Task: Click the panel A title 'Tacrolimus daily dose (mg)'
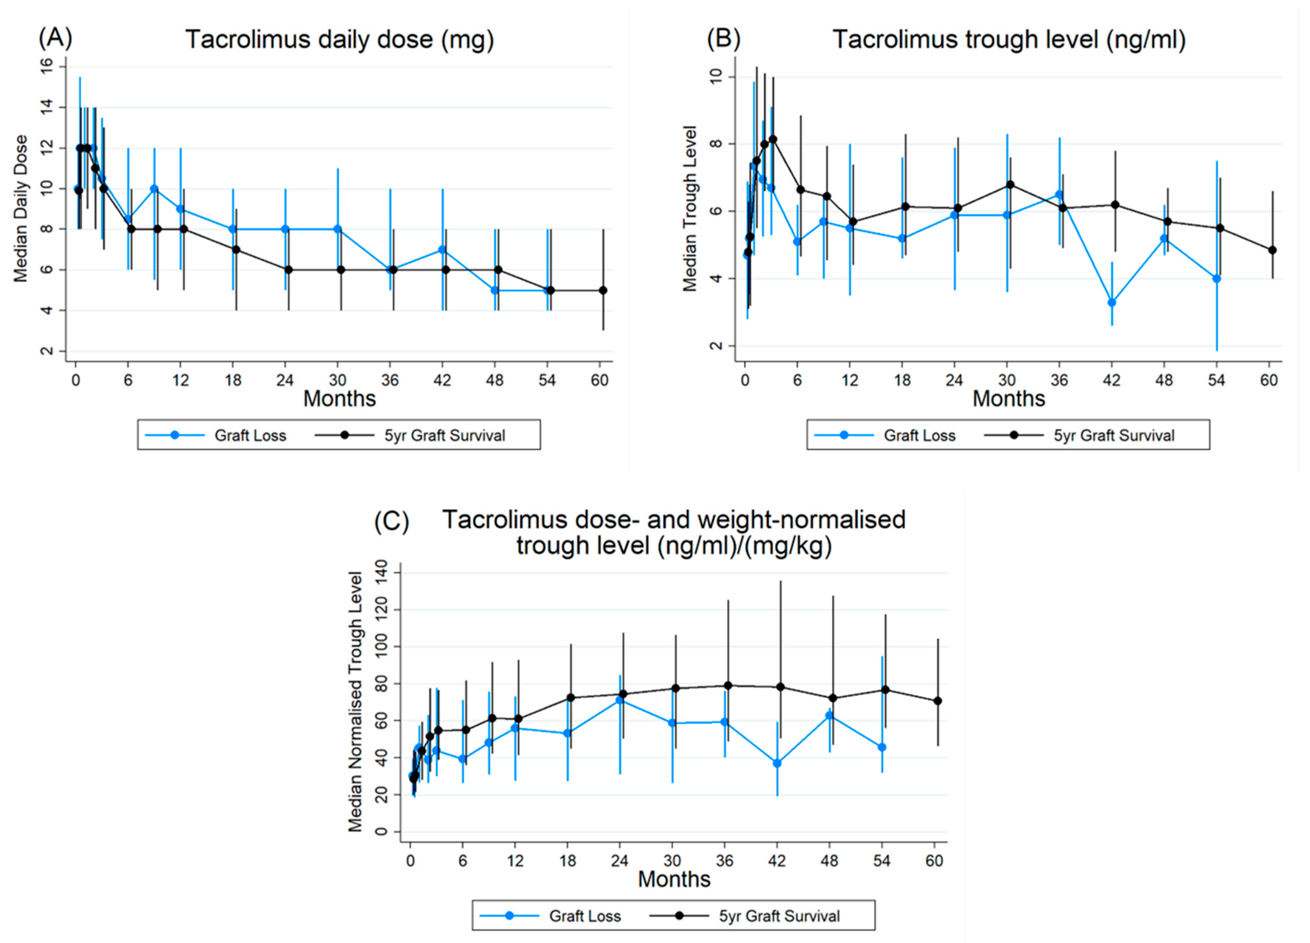(340, 40)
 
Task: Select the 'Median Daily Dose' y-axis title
(21, 209)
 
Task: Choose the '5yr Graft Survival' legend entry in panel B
(1113, 435)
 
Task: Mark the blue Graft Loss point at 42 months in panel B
(1111, 302)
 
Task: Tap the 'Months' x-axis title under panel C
(673, 879)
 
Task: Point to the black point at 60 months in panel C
(937, 701)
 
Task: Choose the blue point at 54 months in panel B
(1216, 278)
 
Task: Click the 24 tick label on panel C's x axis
(620, 860)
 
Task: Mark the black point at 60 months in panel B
(1272, 250)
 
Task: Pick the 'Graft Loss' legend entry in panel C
(584, 916)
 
